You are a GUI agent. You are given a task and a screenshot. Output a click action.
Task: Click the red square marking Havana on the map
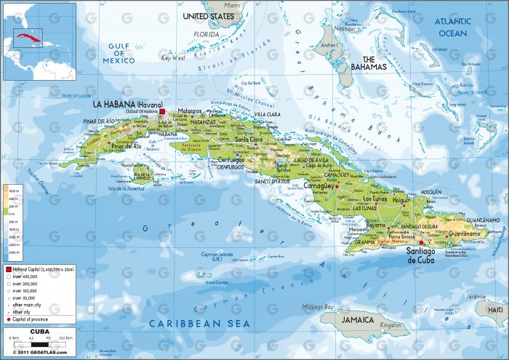click(x=163, y=111)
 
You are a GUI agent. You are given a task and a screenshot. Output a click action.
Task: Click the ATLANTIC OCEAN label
click(x=453, y=27)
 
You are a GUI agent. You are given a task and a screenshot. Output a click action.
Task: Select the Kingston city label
click(x=390, y=325)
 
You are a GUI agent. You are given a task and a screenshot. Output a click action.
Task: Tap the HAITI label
click(x=496, y=310)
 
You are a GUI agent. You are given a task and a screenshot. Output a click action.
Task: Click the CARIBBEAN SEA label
click(x=199, y=323)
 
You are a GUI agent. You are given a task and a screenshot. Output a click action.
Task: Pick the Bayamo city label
click(x=375, y=225)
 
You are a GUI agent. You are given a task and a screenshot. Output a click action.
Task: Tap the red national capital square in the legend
click(x=9, y=269)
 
